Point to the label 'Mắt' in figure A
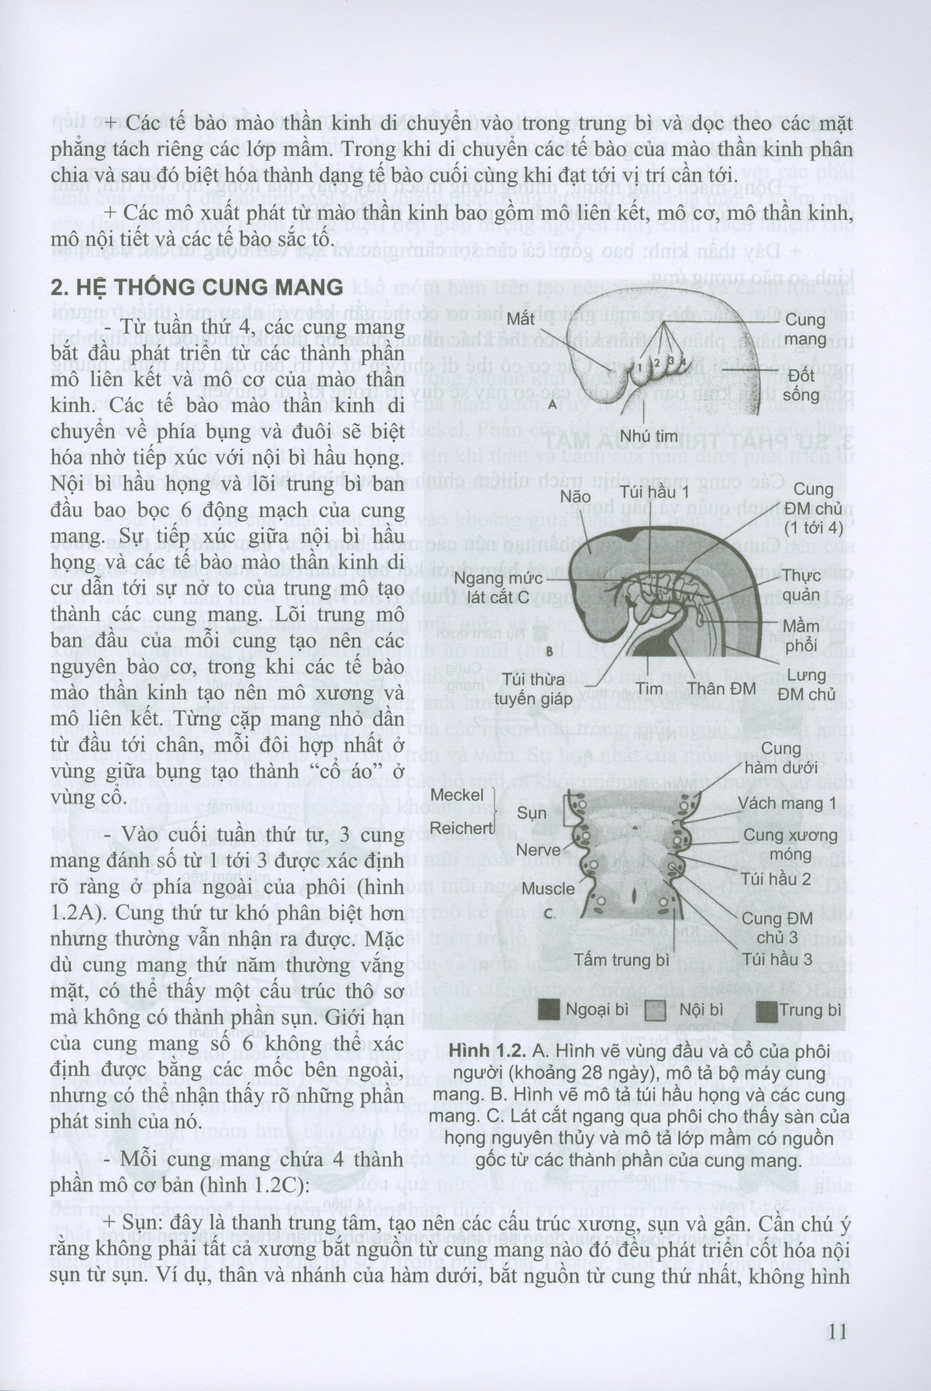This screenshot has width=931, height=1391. point(523,318)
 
